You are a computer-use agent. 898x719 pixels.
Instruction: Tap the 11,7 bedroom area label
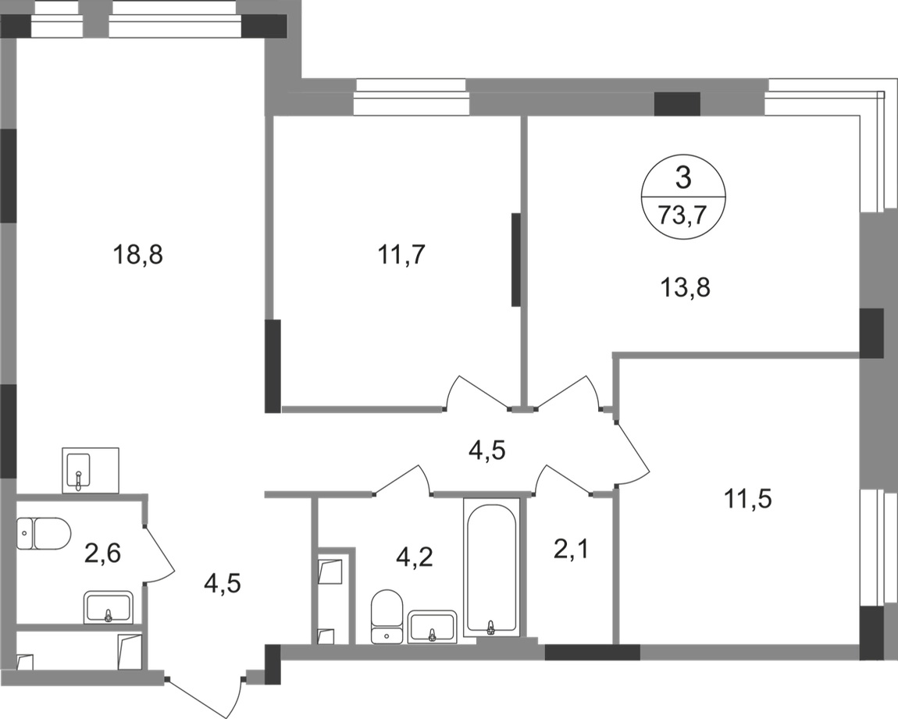coord(404,254)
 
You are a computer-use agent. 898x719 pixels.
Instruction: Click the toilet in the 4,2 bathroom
coord(387,615)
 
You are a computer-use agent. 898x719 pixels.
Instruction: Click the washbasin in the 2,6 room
coord(109,606)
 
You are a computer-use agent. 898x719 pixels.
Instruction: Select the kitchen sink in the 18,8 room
coord(91,468)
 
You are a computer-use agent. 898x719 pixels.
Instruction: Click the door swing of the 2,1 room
coord(563,479)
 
